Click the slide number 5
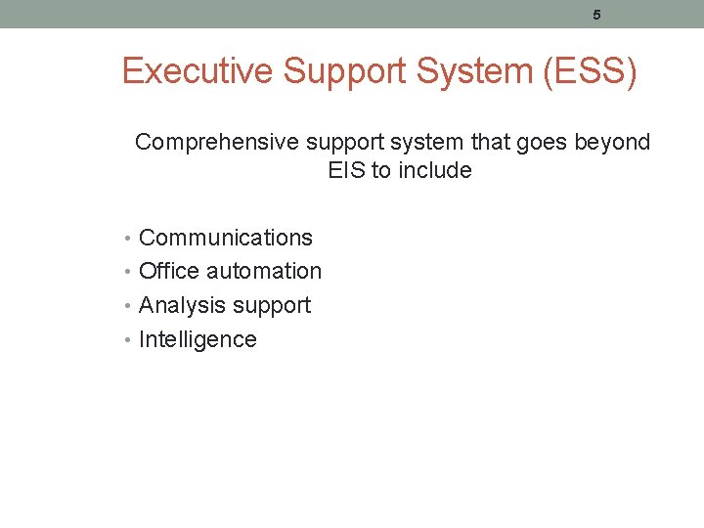[596, 15]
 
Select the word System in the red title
[475, 72]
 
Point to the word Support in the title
[337, 72]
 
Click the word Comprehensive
[216, 143]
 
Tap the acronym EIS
[347, 171]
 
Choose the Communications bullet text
[226, 238]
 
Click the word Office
[168, 271]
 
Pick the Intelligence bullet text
[198, 339]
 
